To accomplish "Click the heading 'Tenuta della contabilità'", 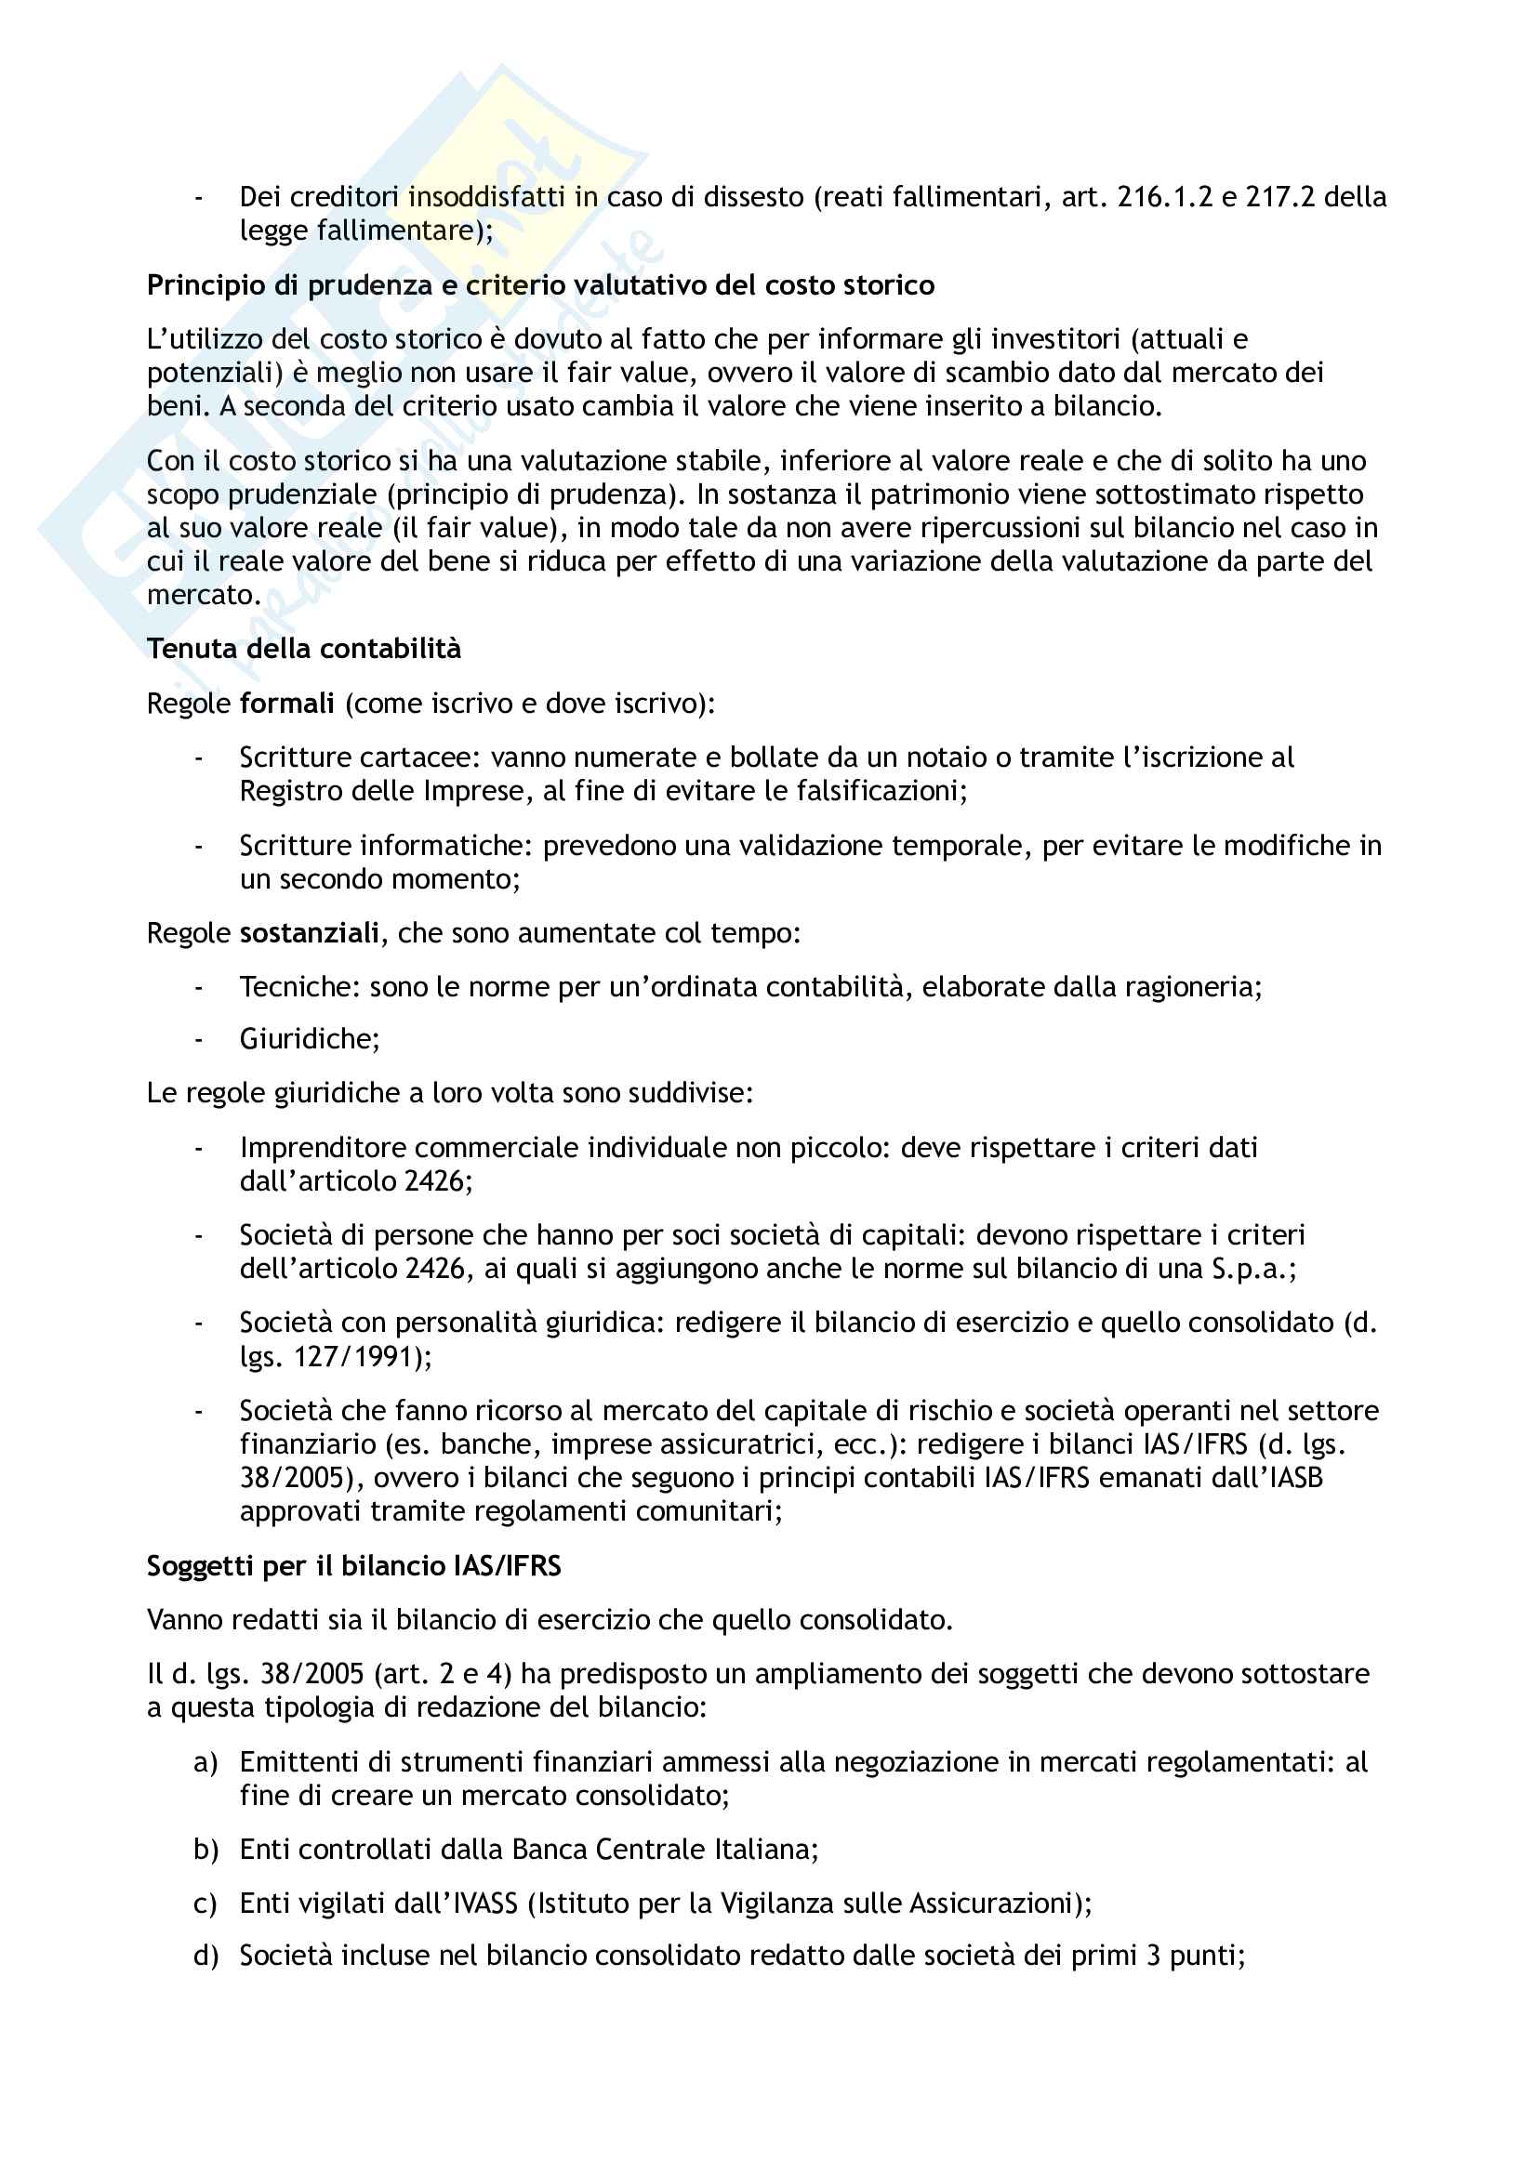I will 303,649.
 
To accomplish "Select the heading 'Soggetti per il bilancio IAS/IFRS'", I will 353,1566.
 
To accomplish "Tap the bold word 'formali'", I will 287,704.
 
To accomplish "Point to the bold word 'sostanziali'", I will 310,933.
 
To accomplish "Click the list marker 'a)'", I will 205,1763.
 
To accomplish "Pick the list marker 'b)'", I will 205,1851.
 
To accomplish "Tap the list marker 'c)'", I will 205,1904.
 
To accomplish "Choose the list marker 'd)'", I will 205,1957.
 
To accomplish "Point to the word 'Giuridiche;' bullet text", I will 310,1040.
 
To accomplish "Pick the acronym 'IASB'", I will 1293,1478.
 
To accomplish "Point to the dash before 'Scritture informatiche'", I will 199,846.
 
